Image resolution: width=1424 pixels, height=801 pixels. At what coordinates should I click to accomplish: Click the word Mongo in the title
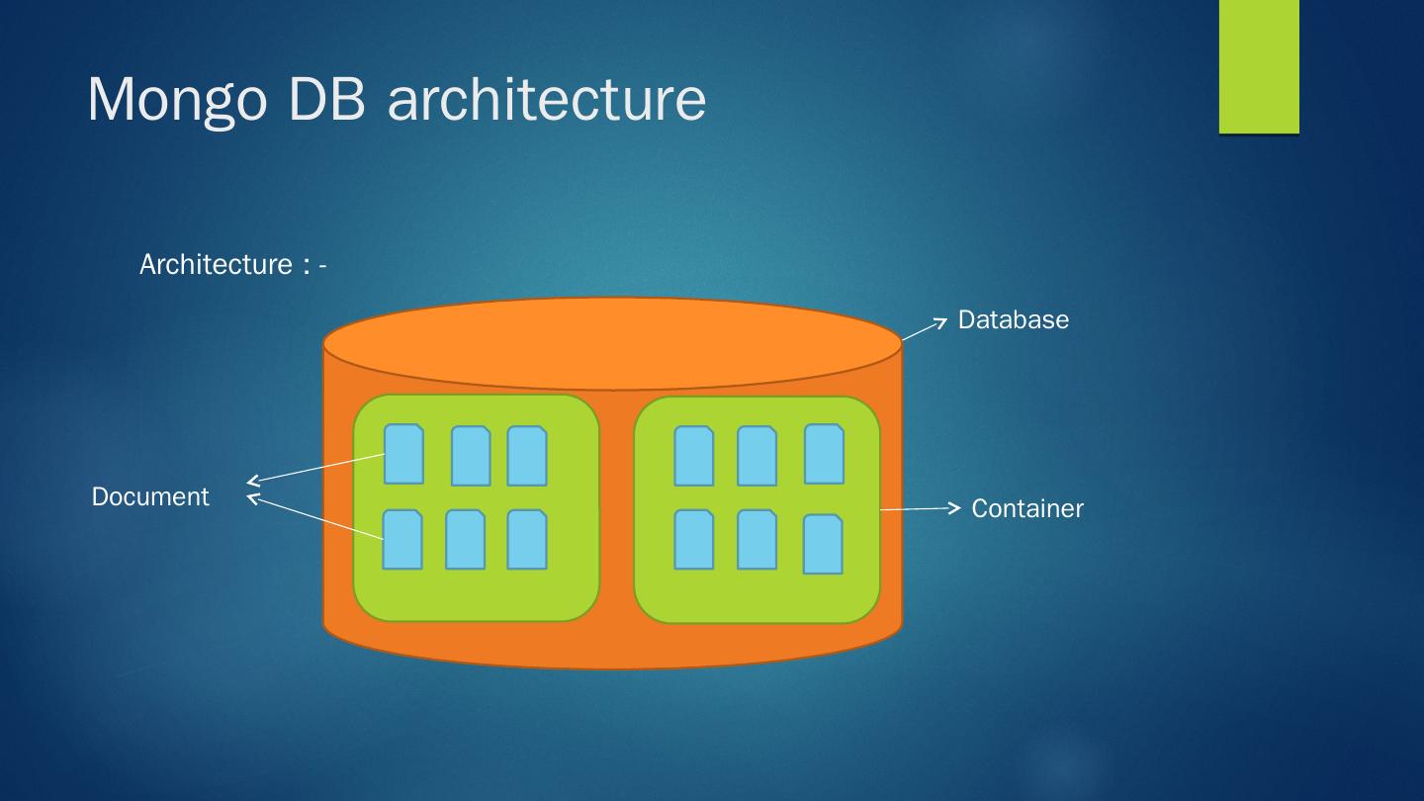(x=177, y=100)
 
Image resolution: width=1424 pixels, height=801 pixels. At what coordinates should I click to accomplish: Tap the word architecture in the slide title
(x=547, y=100)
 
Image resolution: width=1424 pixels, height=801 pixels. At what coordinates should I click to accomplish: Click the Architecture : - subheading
(x=232, y=265)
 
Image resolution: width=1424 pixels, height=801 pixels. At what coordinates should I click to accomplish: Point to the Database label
(x=1013, y=320)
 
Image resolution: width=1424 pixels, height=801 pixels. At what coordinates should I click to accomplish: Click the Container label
(x=1026, y=509)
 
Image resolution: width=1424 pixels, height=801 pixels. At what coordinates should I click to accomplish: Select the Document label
(x=150, y=496)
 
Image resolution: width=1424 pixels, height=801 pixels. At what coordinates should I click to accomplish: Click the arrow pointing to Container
(x=920, y=508)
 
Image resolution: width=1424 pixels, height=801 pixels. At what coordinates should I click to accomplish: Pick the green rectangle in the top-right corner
(x=1258, y=66)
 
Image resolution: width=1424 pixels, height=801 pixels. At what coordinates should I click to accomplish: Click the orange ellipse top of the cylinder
(x=612, y=343)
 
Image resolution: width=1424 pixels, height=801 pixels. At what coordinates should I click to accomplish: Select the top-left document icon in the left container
(x=403, y=454)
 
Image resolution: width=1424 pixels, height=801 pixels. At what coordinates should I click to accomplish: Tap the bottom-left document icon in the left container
(x=402, y=539)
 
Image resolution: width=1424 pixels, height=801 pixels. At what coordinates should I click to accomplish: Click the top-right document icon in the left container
(x=527, y=456)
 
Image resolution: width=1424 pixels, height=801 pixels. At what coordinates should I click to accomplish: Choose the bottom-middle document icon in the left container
(x=465, y=539)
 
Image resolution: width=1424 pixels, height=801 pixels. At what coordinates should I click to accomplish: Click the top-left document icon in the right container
(x=693, y=456)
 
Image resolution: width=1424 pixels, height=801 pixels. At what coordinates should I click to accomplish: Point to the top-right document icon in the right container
(x=824, y=454)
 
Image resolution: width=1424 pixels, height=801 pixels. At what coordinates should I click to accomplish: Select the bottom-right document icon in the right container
(x=823, y=544)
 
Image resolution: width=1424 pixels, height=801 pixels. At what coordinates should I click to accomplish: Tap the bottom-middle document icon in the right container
(x=756, y=539)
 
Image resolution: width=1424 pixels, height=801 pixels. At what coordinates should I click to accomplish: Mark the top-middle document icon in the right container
(x=756, y=456)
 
